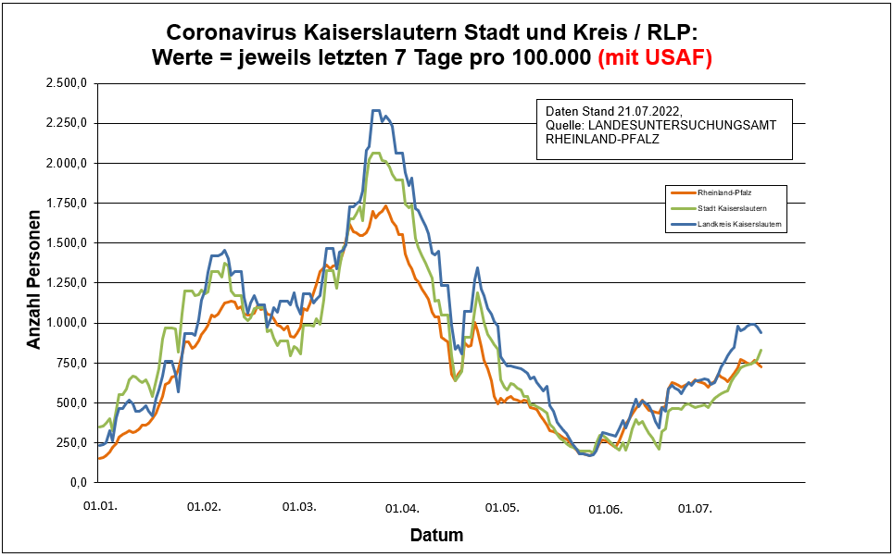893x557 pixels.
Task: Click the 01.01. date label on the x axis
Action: pyautogui.click(x=99, y=507)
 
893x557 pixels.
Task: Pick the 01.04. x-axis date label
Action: pyautogui.click(x=403, y=507)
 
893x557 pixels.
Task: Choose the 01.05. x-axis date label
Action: pyautogui.click(x=500, y=507)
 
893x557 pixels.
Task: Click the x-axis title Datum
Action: pyautogui.click(x=436, y=535)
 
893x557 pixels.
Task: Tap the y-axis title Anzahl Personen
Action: pyautogui.click(x=34, y=282)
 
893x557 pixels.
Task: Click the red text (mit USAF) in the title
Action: pyautogui.click(x=655, y=57)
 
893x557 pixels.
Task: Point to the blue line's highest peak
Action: pyautogui.click(x=375, y=110)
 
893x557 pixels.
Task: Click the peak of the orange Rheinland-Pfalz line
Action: pyautogui.click(x=385, y=206)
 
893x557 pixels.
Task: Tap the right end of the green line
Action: pyautogui.click(x=761, y=351)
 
